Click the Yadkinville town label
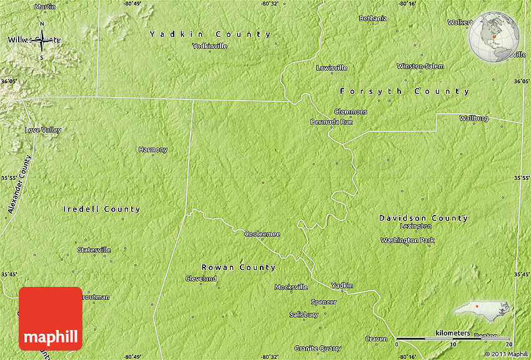pyautogui.click(x=210, y=46)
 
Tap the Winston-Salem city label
pyautogui.click(x=420, y=66)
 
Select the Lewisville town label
pyautogui.click(x=332, y=67)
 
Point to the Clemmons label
pyautogui.click(x=351, y=112)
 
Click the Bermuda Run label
pyautogui.click(x=332, y=122)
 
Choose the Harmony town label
pyautogui.click(x=153, y=150)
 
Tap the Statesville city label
pyautogui.click(x=94, y=250)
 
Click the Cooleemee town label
pyautogui.click(x=262, y=234)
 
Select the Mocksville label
pyautogui.click(x=292, y=287)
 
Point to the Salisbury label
pyautogui.click(x=304, y=315)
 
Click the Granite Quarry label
pyautogui.click(x=318, y=348)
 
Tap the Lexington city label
pyautogui.click(x=416, y=226)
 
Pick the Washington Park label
pyautogui.click(x=407, y=241)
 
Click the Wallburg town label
pyautogui.click(x=474, y=118)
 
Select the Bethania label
pyautogui.click(x=373, y=19)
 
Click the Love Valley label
pyautogui.click(x=43, y=130)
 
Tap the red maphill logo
pyautogui.click(x=51, y=318)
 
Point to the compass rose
pyautogui.click(x=42, y=41)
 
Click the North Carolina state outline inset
pyautogui.click(x=481, y=309)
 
